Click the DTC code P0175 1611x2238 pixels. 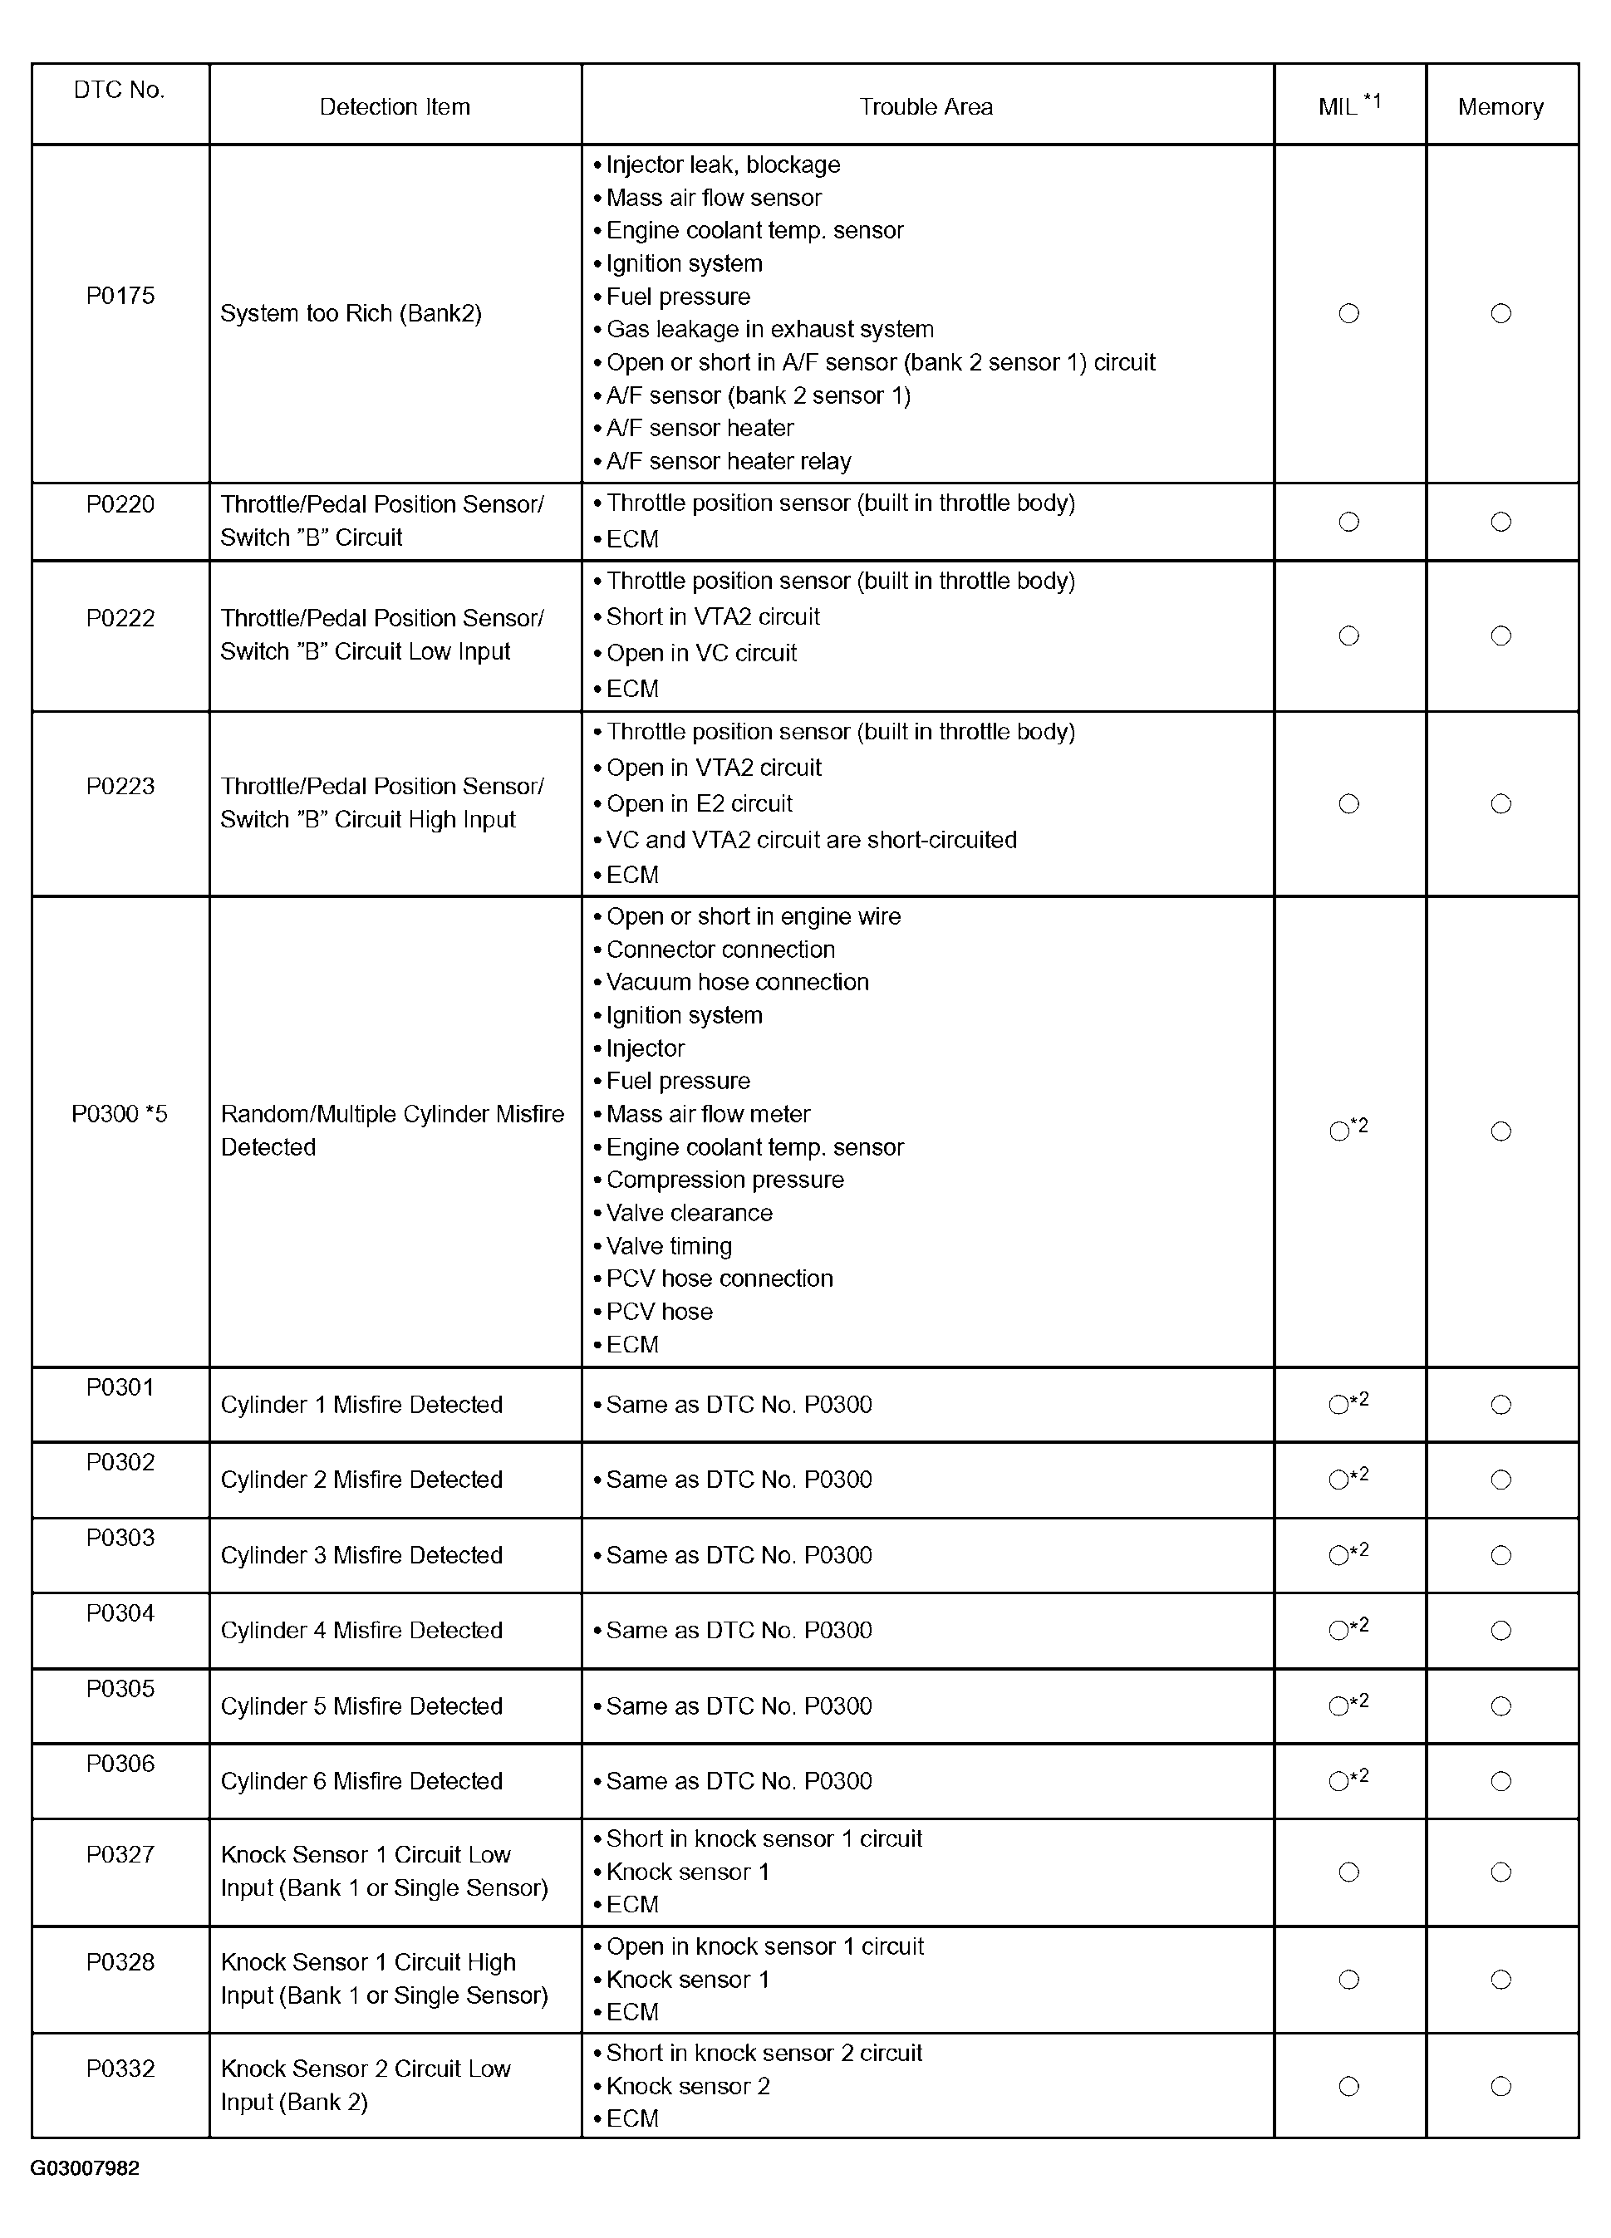[120, 296]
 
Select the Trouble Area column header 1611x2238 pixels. [926, 106]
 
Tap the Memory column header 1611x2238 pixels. [1500, 106]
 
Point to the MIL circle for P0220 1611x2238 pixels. [1348, 522]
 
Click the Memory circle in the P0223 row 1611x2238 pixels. [1500, 804]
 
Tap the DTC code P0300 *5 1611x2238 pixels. [120, 1114]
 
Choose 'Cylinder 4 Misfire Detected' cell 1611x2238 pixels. [361, 1630]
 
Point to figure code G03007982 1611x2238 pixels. [85, 2168]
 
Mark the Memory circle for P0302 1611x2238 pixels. [1500, 1480]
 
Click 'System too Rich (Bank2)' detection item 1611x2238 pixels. [351, 314]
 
